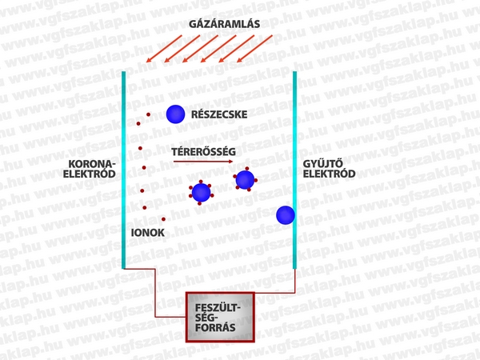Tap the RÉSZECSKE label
(x=218, y=115)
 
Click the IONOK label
(x=147, y=232)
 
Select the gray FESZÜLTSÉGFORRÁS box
(x=218, y=316)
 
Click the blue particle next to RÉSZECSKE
(x=175, y=115)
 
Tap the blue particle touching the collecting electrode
(x=285, y=214)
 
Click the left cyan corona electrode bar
(x=123, y=168)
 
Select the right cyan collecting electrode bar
(x=295, y=168)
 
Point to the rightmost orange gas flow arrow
(x=260, y=50)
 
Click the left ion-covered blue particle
(x=199, y=193)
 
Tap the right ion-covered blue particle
(x=245, y=180)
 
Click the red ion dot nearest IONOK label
(x=163, y=218)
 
